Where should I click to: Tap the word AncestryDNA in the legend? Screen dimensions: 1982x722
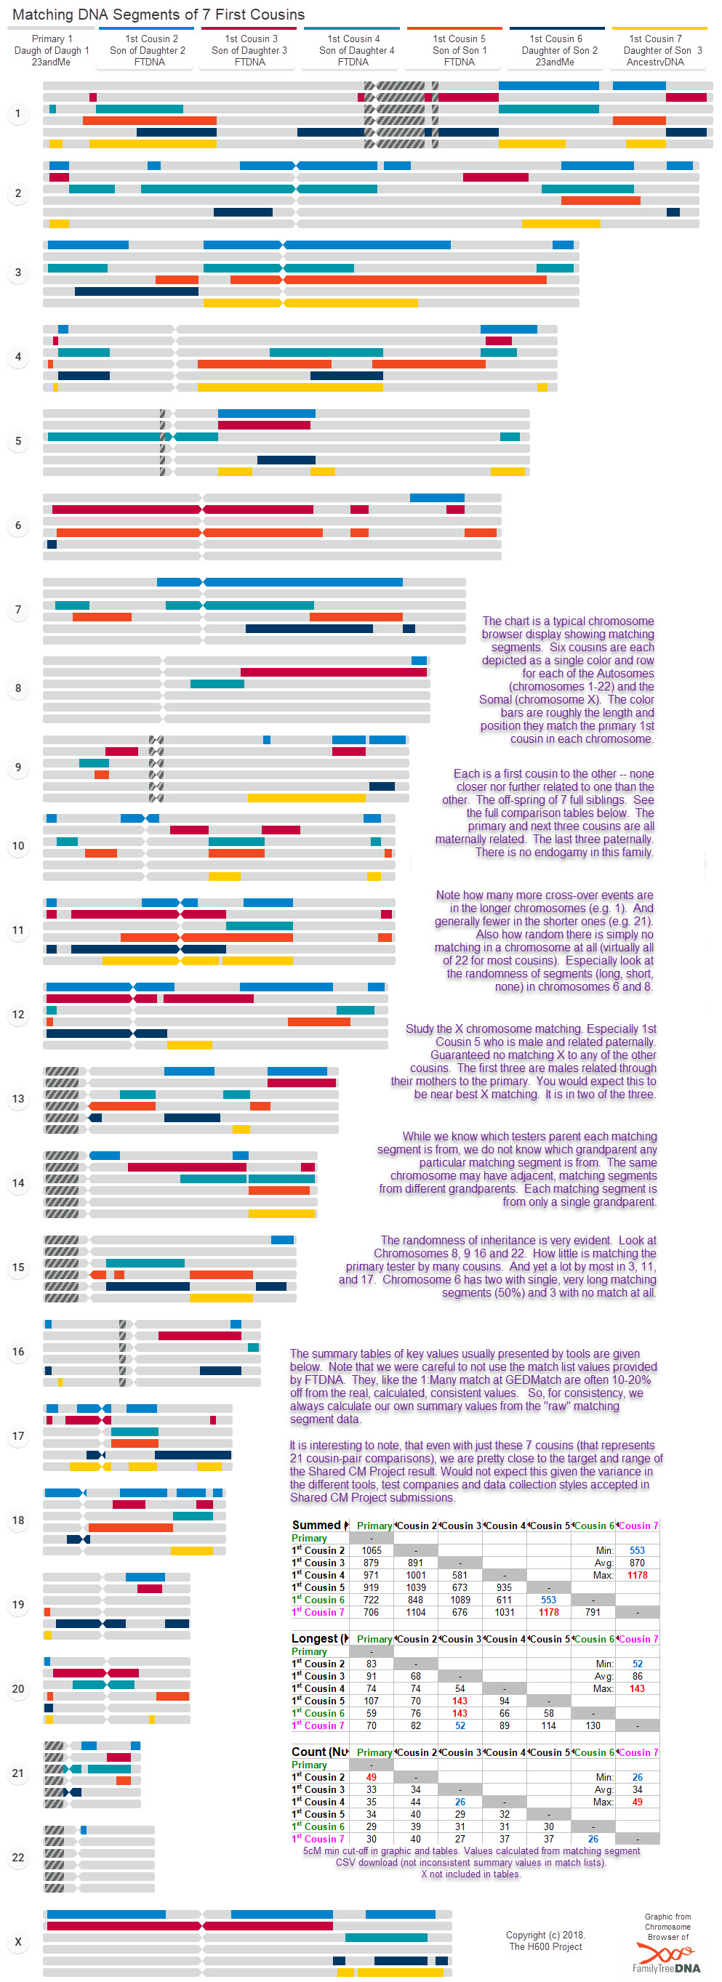click(x=655, y=63)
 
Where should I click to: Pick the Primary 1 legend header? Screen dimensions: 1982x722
click(x=52, y=39)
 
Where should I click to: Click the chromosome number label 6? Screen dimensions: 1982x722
click(x=18, y=525)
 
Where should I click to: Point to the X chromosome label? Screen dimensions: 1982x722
click(x=18, y=1942)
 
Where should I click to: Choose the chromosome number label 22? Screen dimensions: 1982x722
click(x=18, y=1858)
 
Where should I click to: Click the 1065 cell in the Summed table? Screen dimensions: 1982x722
click(x=371, y=1550)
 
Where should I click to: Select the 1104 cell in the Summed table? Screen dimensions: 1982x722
click(x=416, y=1612)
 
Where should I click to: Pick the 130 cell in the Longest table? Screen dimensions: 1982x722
click(x=593, y=1725)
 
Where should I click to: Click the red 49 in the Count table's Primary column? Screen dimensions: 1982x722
click(x=371, y=1777)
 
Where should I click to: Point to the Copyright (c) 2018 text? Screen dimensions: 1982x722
click(x=545, y=1935)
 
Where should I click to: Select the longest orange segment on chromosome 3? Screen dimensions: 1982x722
click(x=416, y=280)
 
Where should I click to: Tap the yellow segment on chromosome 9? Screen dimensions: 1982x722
click(x=306, y=798)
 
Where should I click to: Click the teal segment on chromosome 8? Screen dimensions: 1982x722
click(x=217, y=684)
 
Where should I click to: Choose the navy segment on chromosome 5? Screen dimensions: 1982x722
click(x=286, y=460)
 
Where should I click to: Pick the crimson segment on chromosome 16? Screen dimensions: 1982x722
click(x=199, y=1336)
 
